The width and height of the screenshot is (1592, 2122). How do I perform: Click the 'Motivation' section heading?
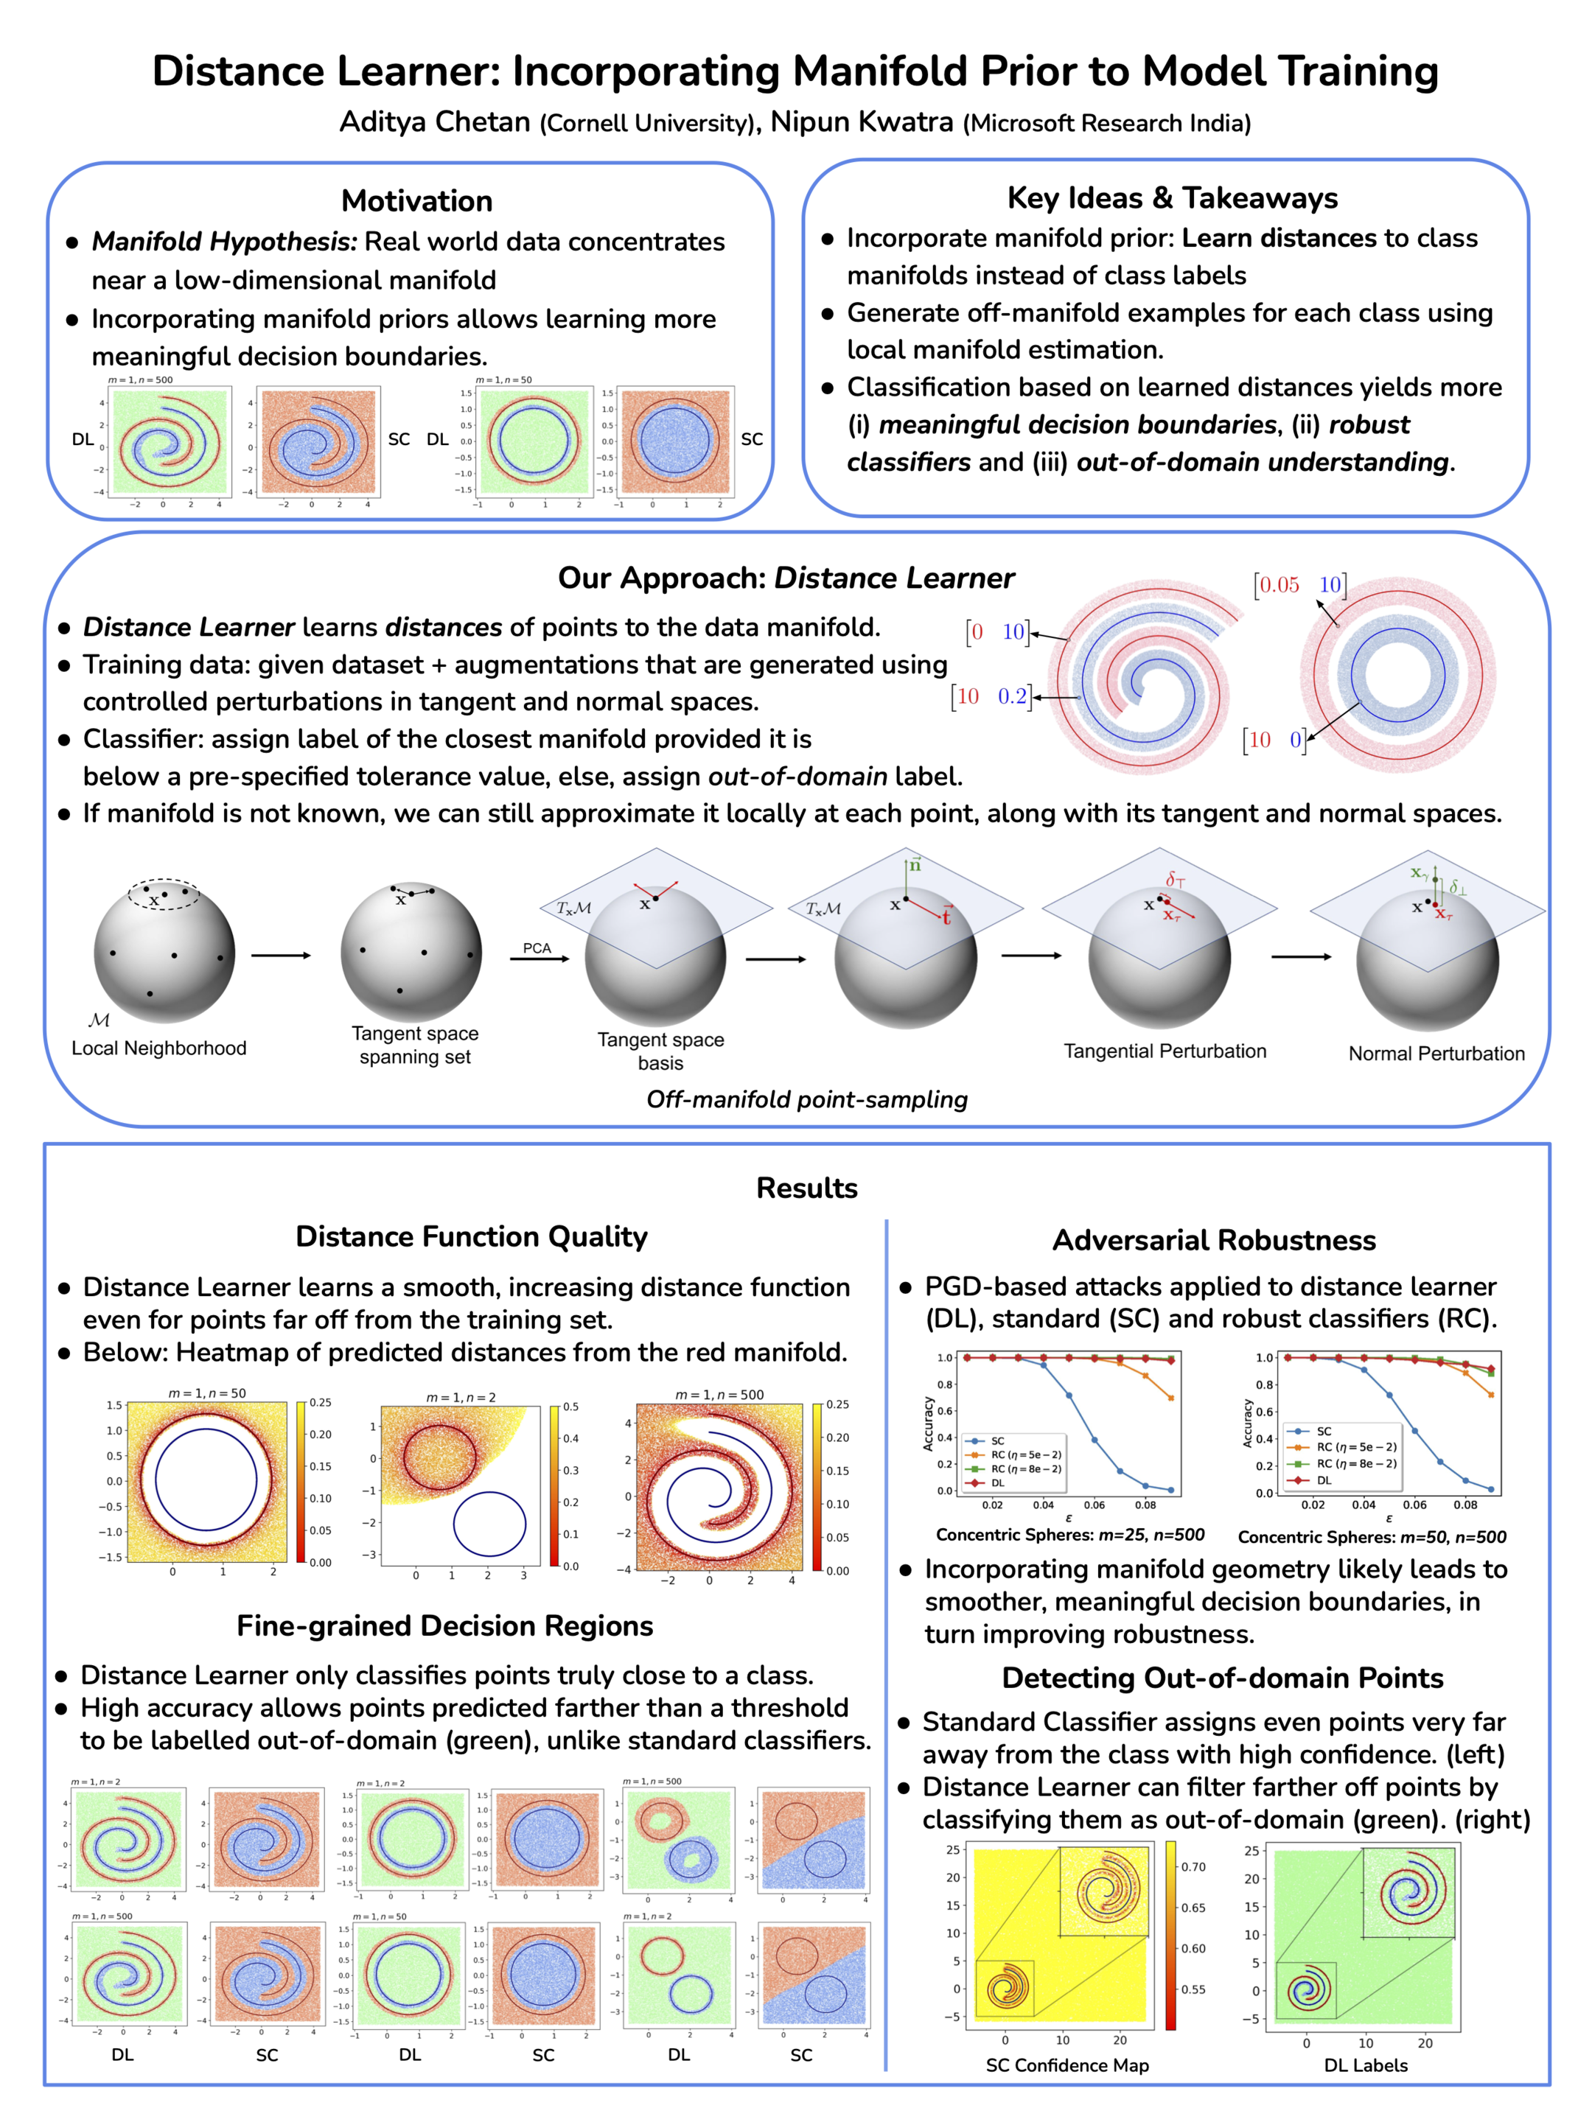pos(416,200)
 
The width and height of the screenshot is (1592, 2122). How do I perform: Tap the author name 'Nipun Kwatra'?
pos(862,122)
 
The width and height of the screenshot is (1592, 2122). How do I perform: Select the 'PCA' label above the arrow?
pos(537,948)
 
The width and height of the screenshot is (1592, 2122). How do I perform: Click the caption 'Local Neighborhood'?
pos(159,1048)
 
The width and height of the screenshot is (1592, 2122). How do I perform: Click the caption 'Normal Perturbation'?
pos(1436,1054)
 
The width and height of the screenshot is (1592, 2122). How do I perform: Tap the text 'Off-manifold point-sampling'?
pos(806,1099)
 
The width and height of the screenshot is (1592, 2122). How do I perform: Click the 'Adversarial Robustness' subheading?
pos(1214,1240)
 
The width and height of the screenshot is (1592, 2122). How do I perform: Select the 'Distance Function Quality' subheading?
pos(471,1236)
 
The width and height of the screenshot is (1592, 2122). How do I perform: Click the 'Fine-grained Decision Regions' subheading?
pos(444,1625)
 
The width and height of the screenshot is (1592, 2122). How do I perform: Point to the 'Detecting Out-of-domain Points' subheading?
pos(1223,1678)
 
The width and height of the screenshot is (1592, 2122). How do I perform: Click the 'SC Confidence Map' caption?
pos(1067,2065)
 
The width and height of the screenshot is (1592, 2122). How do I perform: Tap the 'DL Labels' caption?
pos(1366,2065)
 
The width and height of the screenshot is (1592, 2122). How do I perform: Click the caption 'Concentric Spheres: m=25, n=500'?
pos(1070,1535)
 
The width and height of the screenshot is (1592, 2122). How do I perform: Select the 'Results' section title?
pos(806,1188)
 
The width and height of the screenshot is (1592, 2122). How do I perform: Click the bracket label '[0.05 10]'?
pos(1300,585)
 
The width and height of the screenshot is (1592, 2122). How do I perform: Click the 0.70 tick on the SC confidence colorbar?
pos(1193,1867)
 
